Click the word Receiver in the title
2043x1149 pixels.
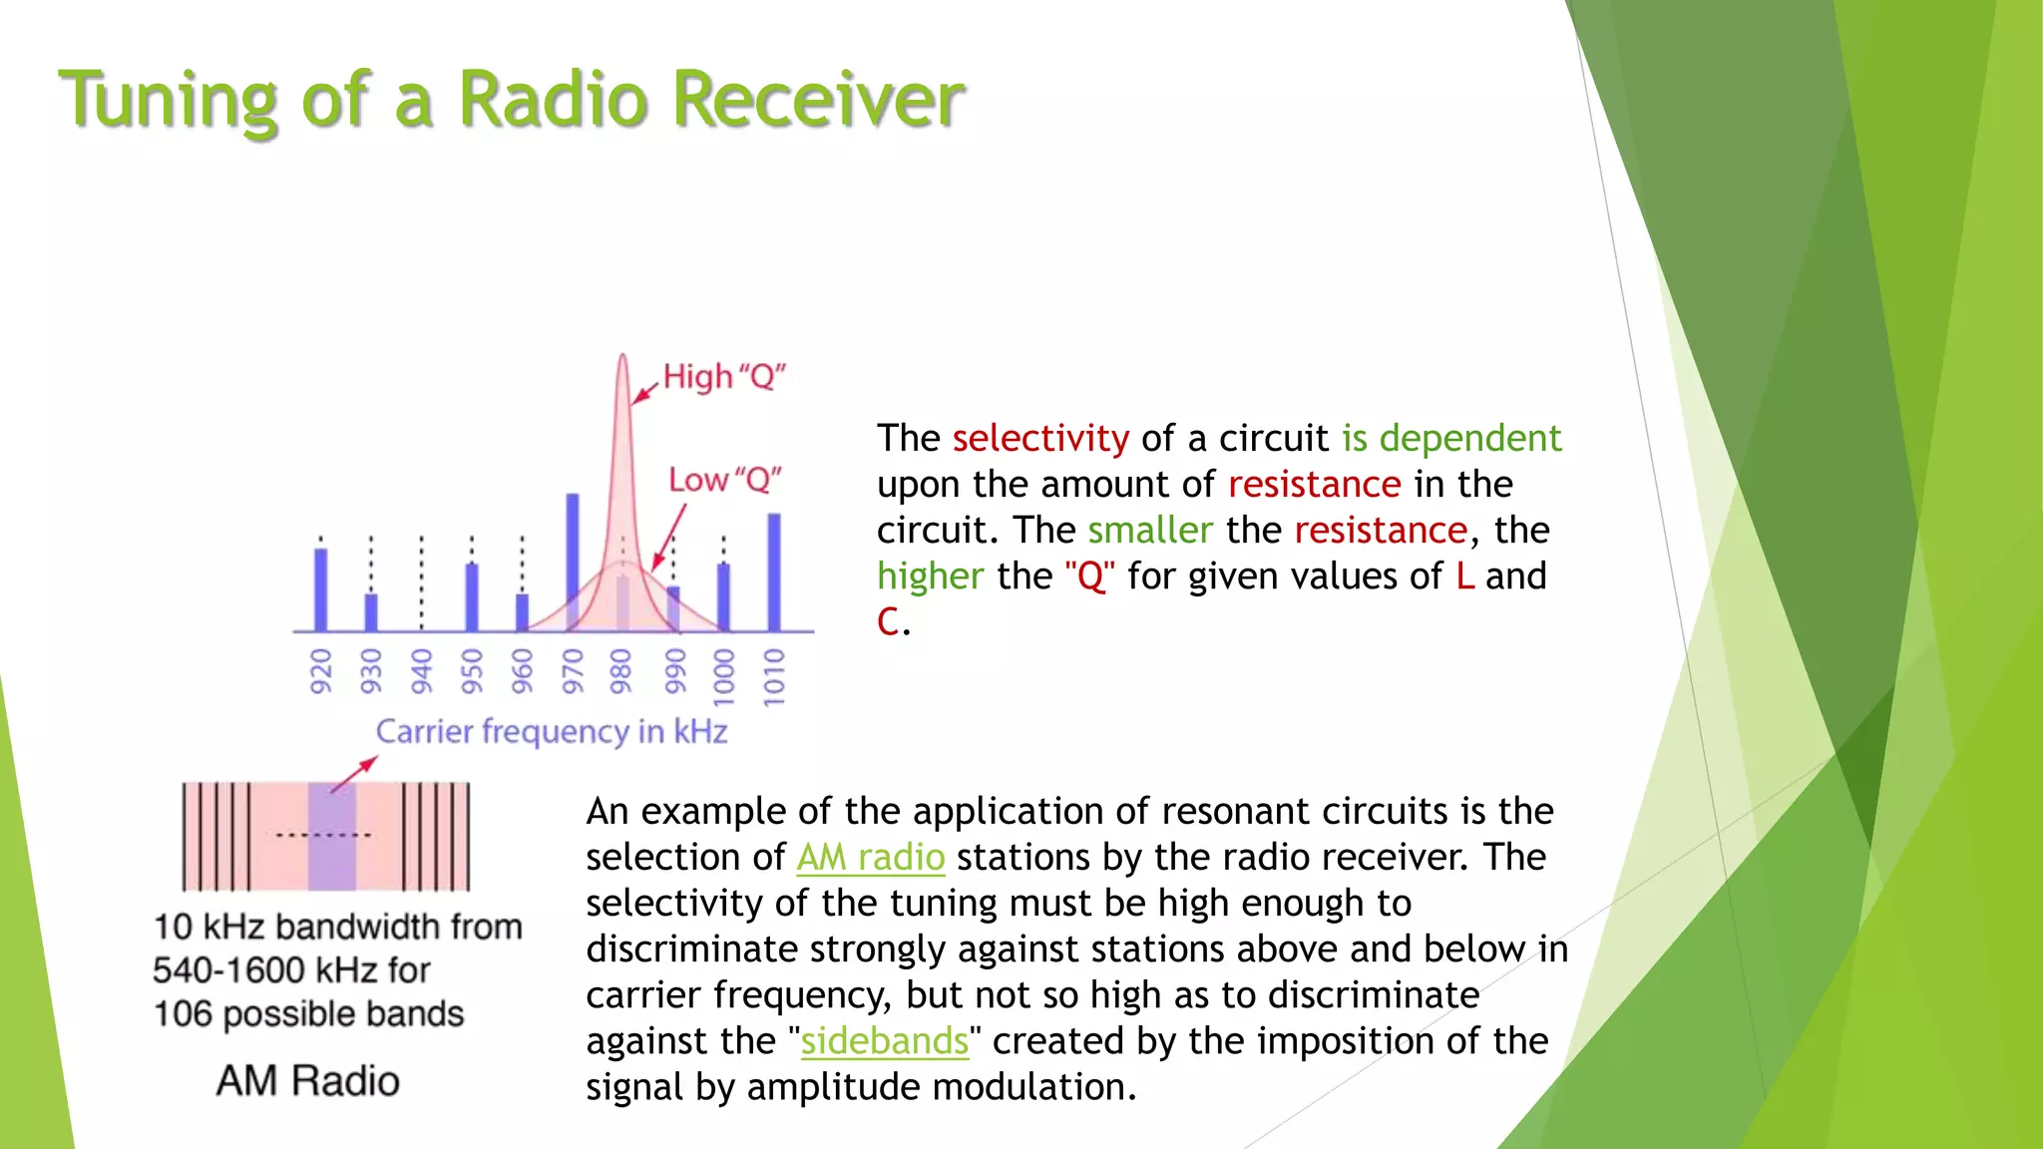click(818, 100)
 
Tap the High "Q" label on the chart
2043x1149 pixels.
click(725, 377)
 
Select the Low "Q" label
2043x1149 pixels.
click(725, 480)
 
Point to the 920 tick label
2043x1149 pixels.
click(320, 671)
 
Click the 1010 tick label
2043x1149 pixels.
click(774, 677)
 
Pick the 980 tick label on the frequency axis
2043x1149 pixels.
click(621, 671)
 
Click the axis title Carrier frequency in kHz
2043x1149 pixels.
click(552, 731)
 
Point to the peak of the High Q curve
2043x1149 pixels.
click(622, 359)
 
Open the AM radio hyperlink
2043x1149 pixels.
click(870, 858)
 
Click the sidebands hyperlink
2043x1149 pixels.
click(884, 1041)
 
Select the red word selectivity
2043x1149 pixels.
click(1040, 439)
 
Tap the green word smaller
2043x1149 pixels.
click(1150, 531)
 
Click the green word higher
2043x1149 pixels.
click(930, 576)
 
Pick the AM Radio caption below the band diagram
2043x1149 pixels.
click(307, 1081)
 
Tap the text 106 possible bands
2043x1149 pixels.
click(308, 1014)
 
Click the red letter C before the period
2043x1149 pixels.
click(888, 622)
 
